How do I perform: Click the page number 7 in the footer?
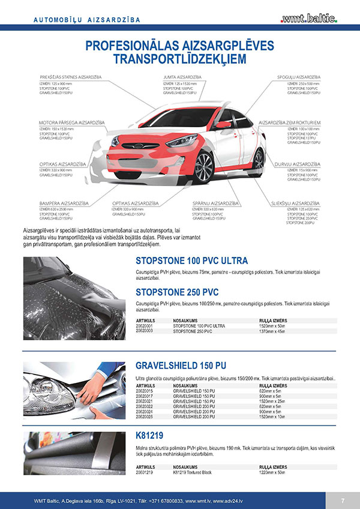pyautogui.click(x=343, y=501)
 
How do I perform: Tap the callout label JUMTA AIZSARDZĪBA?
pyautogui.click(x=182, y=77)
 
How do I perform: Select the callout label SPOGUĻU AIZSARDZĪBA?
pyautogui.click(x=303, y=77)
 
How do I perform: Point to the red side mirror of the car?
pyautogui.click(x=223, y=124)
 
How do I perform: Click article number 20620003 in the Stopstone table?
pyautogui.click(x=145, y=331)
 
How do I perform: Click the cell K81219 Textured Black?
pyautogui.click(x=195, y=472)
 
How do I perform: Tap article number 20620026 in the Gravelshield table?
pyautogui.click(x=145, y=415)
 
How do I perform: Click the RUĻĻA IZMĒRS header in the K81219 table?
pyautogui.click(x=273, y=466)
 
